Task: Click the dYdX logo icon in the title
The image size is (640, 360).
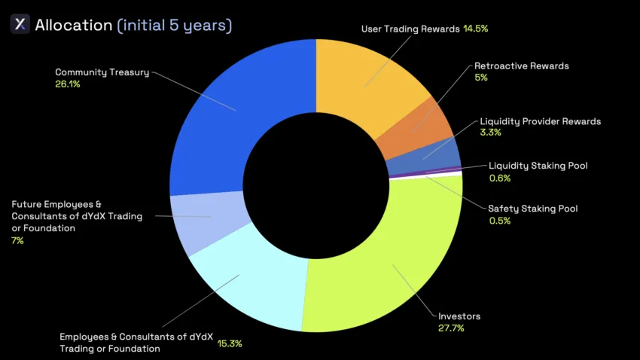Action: (20, 24)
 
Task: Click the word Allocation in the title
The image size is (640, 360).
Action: (74, 25)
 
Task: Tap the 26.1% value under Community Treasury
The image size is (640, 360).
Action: (68, 84)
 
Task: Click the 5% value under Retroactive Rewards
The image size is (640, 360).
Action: (481, 78)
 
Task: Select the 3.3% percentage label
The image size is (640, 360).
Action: (490, 133)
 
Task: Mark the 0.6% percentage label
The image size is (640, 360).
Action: (500, 178)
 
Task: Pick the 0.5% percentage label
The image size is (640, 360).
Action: (499, 221)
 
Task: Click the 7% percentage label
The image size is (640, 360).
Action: (17, 240)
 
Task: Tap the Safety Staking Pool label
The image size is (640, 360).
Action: (532, 208)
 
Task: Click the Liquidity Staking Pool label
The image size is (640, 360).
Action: (538, 166)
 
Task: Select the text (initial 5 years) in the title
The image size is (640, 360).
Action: (175, 25)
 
